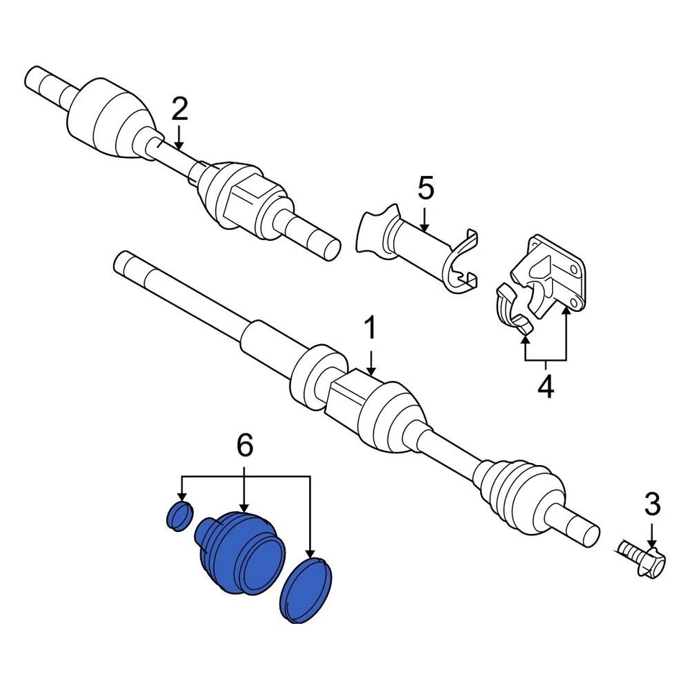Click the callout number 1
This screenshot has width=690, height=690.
tap(370, 330)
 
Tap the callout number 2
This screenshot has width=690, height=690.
tap(179, 109)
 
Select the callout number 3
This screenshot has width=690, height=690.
tap(651, 505)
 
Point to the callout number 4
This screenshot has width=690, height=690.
tap(546, 387)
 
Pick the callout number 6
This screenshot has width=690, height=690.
tap(245, 447)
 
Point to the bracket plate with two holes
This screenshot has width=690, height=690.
tap(553, 273)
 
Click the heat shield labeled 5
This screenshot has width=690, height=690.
tap(417, 248)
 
